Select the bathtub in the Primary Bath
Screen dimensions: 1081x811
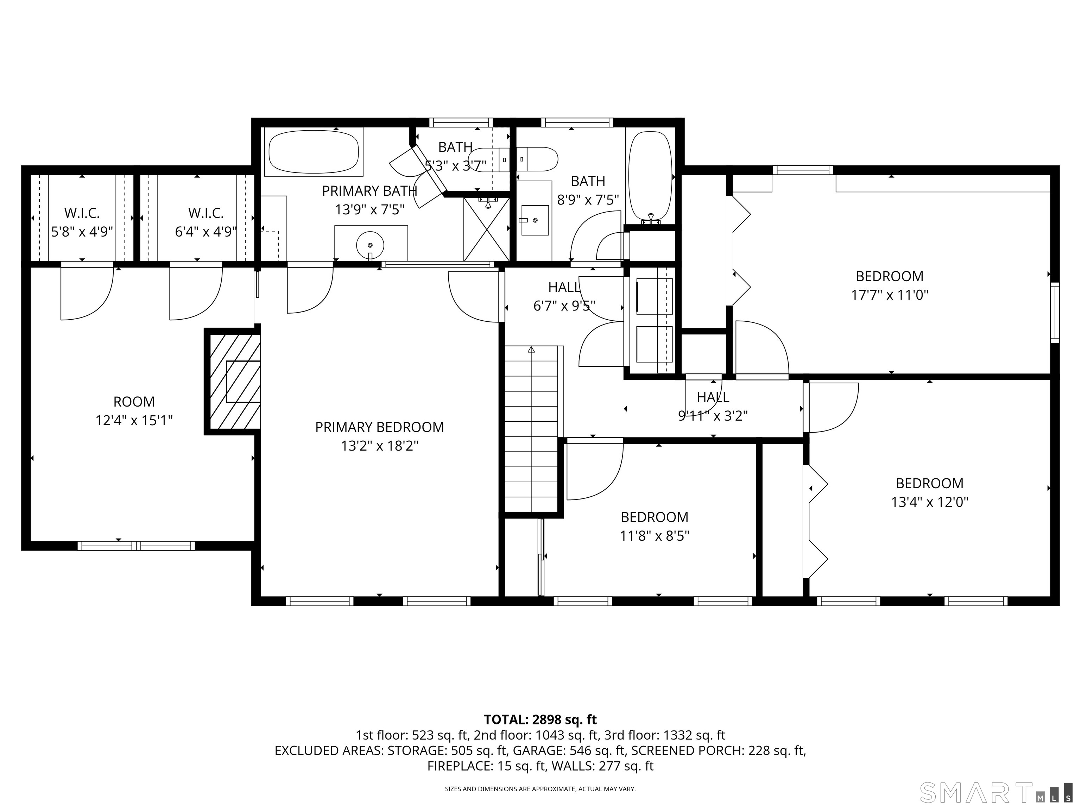point(314,152)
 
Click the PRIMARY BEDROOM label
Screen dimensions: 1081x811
point(379,427)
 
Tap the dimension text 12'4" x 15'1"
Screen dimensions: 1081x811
point(134,420)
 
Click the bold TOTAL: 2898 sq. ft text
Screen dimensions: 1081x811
point(540,719)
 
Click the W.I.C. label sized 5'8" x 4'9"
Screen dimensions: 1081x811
point(82,213)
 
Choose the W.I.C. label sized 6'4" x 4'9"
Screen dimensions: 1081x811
point(206,213)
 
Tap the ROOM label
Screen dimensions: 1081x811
point(134,402)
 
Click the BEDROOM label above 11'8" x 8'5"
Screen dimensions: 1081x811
point(655,517)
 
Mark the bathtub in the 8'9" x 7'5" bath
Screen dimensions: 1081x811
point(650,177)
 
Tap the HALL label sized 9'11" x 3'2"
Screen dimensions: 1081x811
point(713,397)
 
